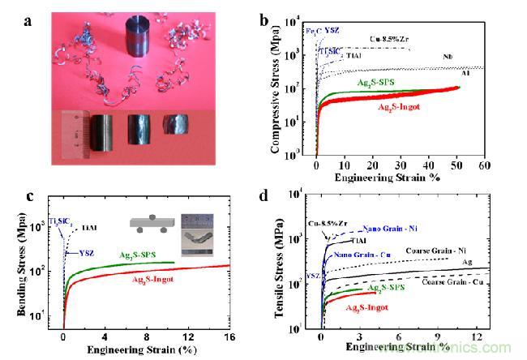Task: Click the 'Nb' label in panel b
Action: pyautogui.click(x=448, y=57)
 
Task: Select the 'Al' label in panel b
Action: pyautogui.click(x=465, y=74)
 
